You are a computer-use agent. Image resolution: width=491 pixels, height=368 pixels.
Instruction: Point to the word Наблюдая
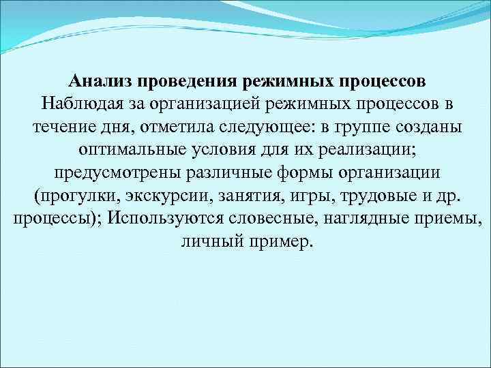tap(80, 105)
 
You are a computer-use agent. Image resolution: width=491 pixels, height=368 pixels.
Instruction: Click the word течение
tap(61, 127)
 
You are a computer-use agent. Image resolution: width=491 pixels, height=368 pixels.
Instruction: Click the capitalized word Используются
tap(165, 219)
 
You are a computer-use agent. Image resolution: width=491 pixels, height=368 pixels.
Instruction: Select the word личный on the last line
tap(207, 243)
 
